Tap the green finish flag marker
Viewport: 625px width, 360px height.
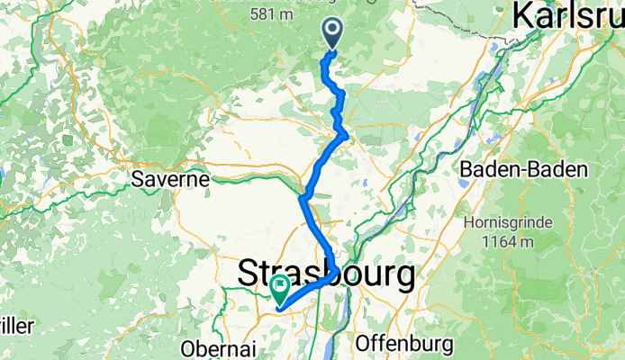[279, 289]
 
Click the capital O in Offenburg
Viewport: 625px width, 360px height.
[364, 343]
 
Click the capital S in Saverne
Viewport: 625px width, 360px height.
[136, 179]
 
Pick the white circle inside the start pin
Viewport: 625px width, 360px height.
[333, 31]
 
